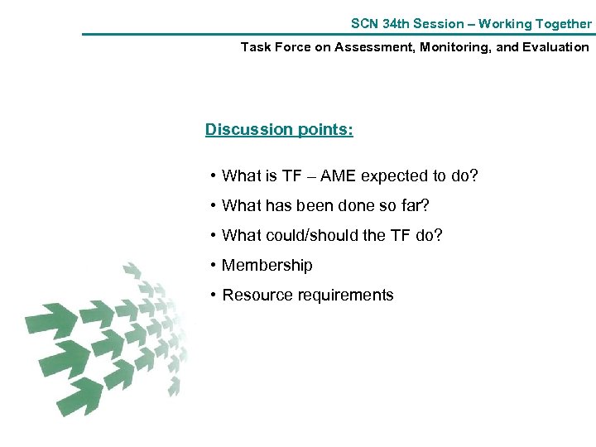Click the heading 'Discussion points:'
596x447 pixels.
(279, 130)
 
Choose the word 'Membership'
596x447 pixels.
(267, 266)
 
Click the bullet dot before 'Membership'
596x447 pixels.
(214, 266)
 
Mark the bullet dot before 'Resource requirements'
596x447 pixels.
(214, 296)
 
